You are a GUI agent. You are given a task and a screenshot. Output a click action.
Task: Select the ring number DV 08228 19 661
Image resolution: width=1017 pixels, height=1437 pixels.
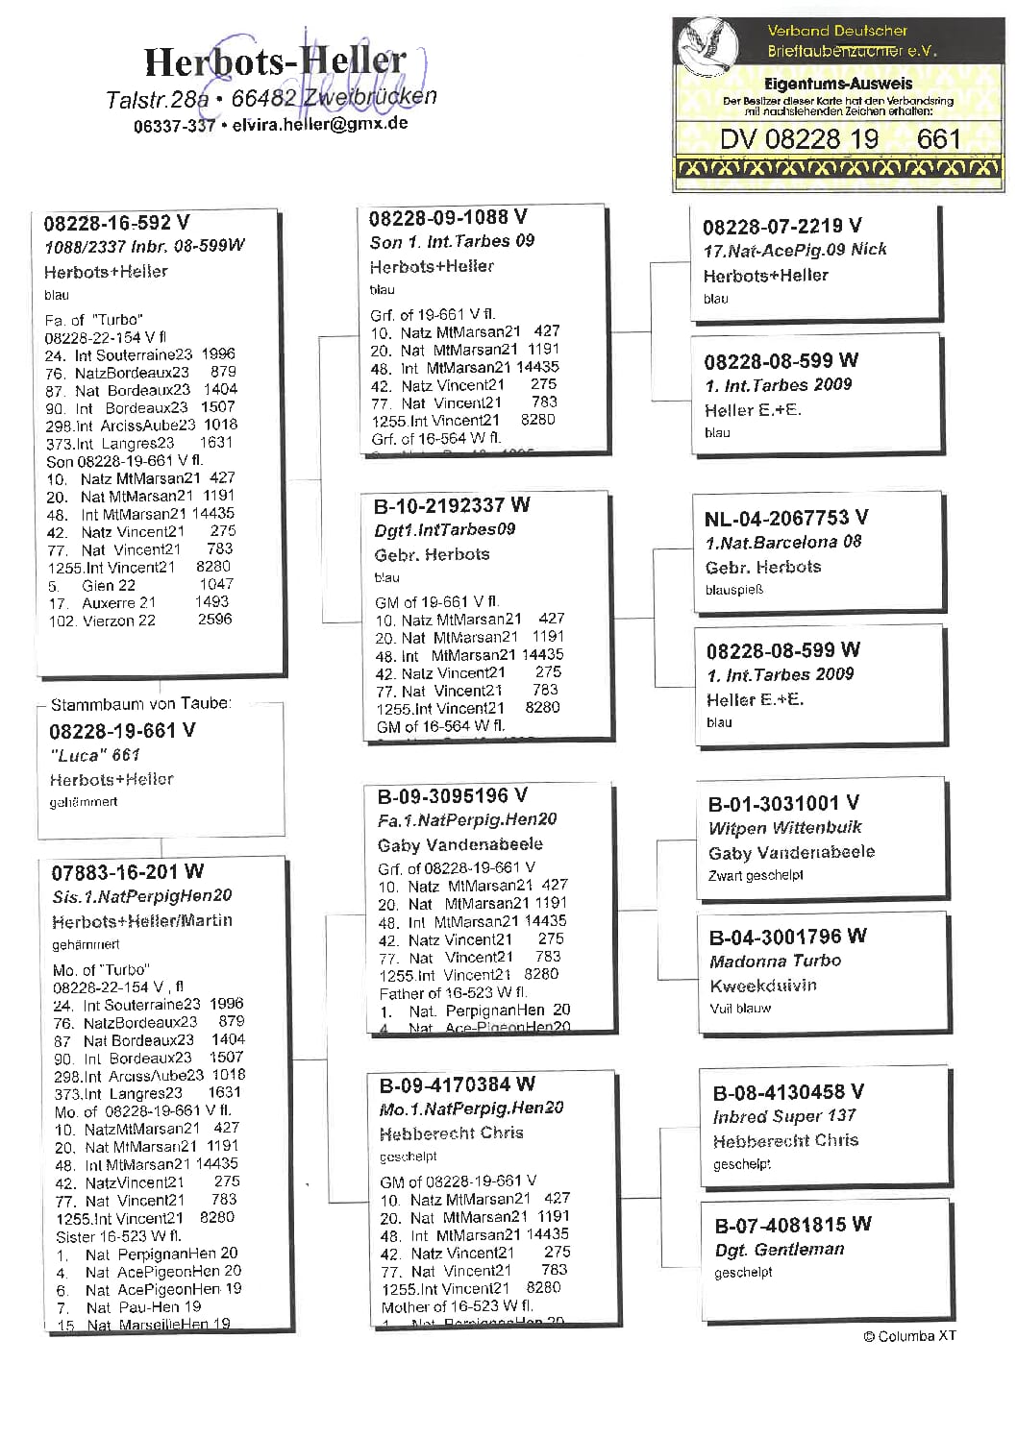[x=839, y=139]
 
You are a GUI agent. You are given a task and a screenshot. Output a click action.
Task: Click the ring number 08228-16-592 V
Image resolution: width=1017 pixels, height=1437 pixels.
[x=116, y=223]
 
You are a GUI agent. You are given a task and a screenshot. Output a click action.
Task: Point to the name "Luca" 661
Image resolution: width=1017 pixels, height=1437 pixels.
[x=95, y=755]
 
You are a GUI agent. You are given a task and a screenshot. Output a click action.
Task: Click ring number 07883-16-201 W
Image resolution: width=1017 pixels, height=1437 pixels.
[x=127, y=872]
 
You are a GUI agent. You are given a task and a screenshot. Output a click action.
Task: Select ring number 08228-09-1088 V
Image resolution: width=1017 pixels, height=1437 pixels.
[x=448, y=218]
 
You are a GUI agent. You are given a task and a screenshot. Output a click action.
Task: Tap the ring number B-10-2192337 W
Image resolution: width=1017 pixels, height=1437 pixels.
[x=452, y=505]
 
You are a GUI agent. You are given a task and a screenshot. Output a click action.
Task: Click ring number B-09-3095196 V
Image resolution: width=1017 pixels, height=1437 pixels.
[x=452, y=796]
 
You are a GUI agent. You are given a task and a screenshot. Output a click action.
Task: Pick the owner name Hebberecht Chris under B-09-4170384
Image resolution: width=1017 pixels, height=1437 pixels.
[x=451, y=1133]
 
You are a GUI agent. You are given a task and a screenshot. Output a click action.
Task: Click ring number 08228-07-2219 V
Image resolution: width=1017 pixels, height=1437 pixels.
[x=781, y=227]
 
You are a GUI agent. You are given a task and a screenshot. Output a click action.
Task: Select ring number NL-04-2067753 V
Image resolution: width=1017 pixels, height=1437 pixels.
[x=785, y=519]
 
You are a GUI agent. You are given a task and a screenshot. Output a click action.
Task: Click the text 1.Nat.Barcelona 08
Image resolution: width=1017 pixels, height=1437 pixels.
[x=782, y=542]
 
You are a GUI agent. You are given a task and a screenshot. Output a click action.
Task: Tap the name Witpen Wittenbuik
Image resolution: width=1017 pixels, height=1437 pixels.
[x=784, y=828]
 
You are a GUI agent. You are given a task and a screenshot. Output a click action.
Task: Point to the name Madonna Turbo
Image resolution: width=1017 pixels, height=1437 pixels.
[x=775, y=962]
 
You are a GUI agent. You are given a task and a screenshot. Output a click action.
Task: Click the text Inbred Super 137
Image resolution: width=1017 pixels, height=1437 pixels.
[x=783, y=1116]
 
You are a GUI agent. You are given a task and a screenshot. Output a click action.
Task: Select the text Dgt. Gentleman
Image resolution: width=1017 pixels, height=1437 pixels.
[x=779, y=1250]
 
